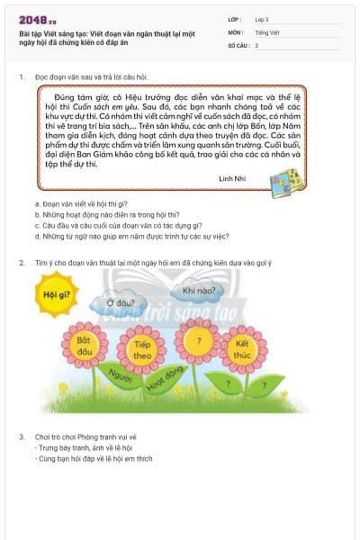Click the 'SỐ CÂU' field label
[x=238, y=44]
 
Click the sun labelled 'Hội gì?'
[x=56, y=294]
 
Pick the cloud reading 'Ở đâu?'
[x=121, y=302]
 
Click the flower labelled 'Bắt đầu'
[x=86, y=346]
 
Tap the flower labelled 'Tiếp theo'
[x=141, y=349]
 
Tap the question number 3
[x=22, y=436]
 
